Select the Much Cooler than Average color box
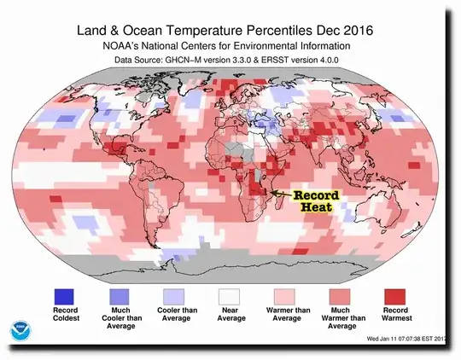pos(120,272)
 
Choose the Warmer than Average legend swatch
pos(285,272)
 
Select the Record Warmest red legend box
pos(394,272)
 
